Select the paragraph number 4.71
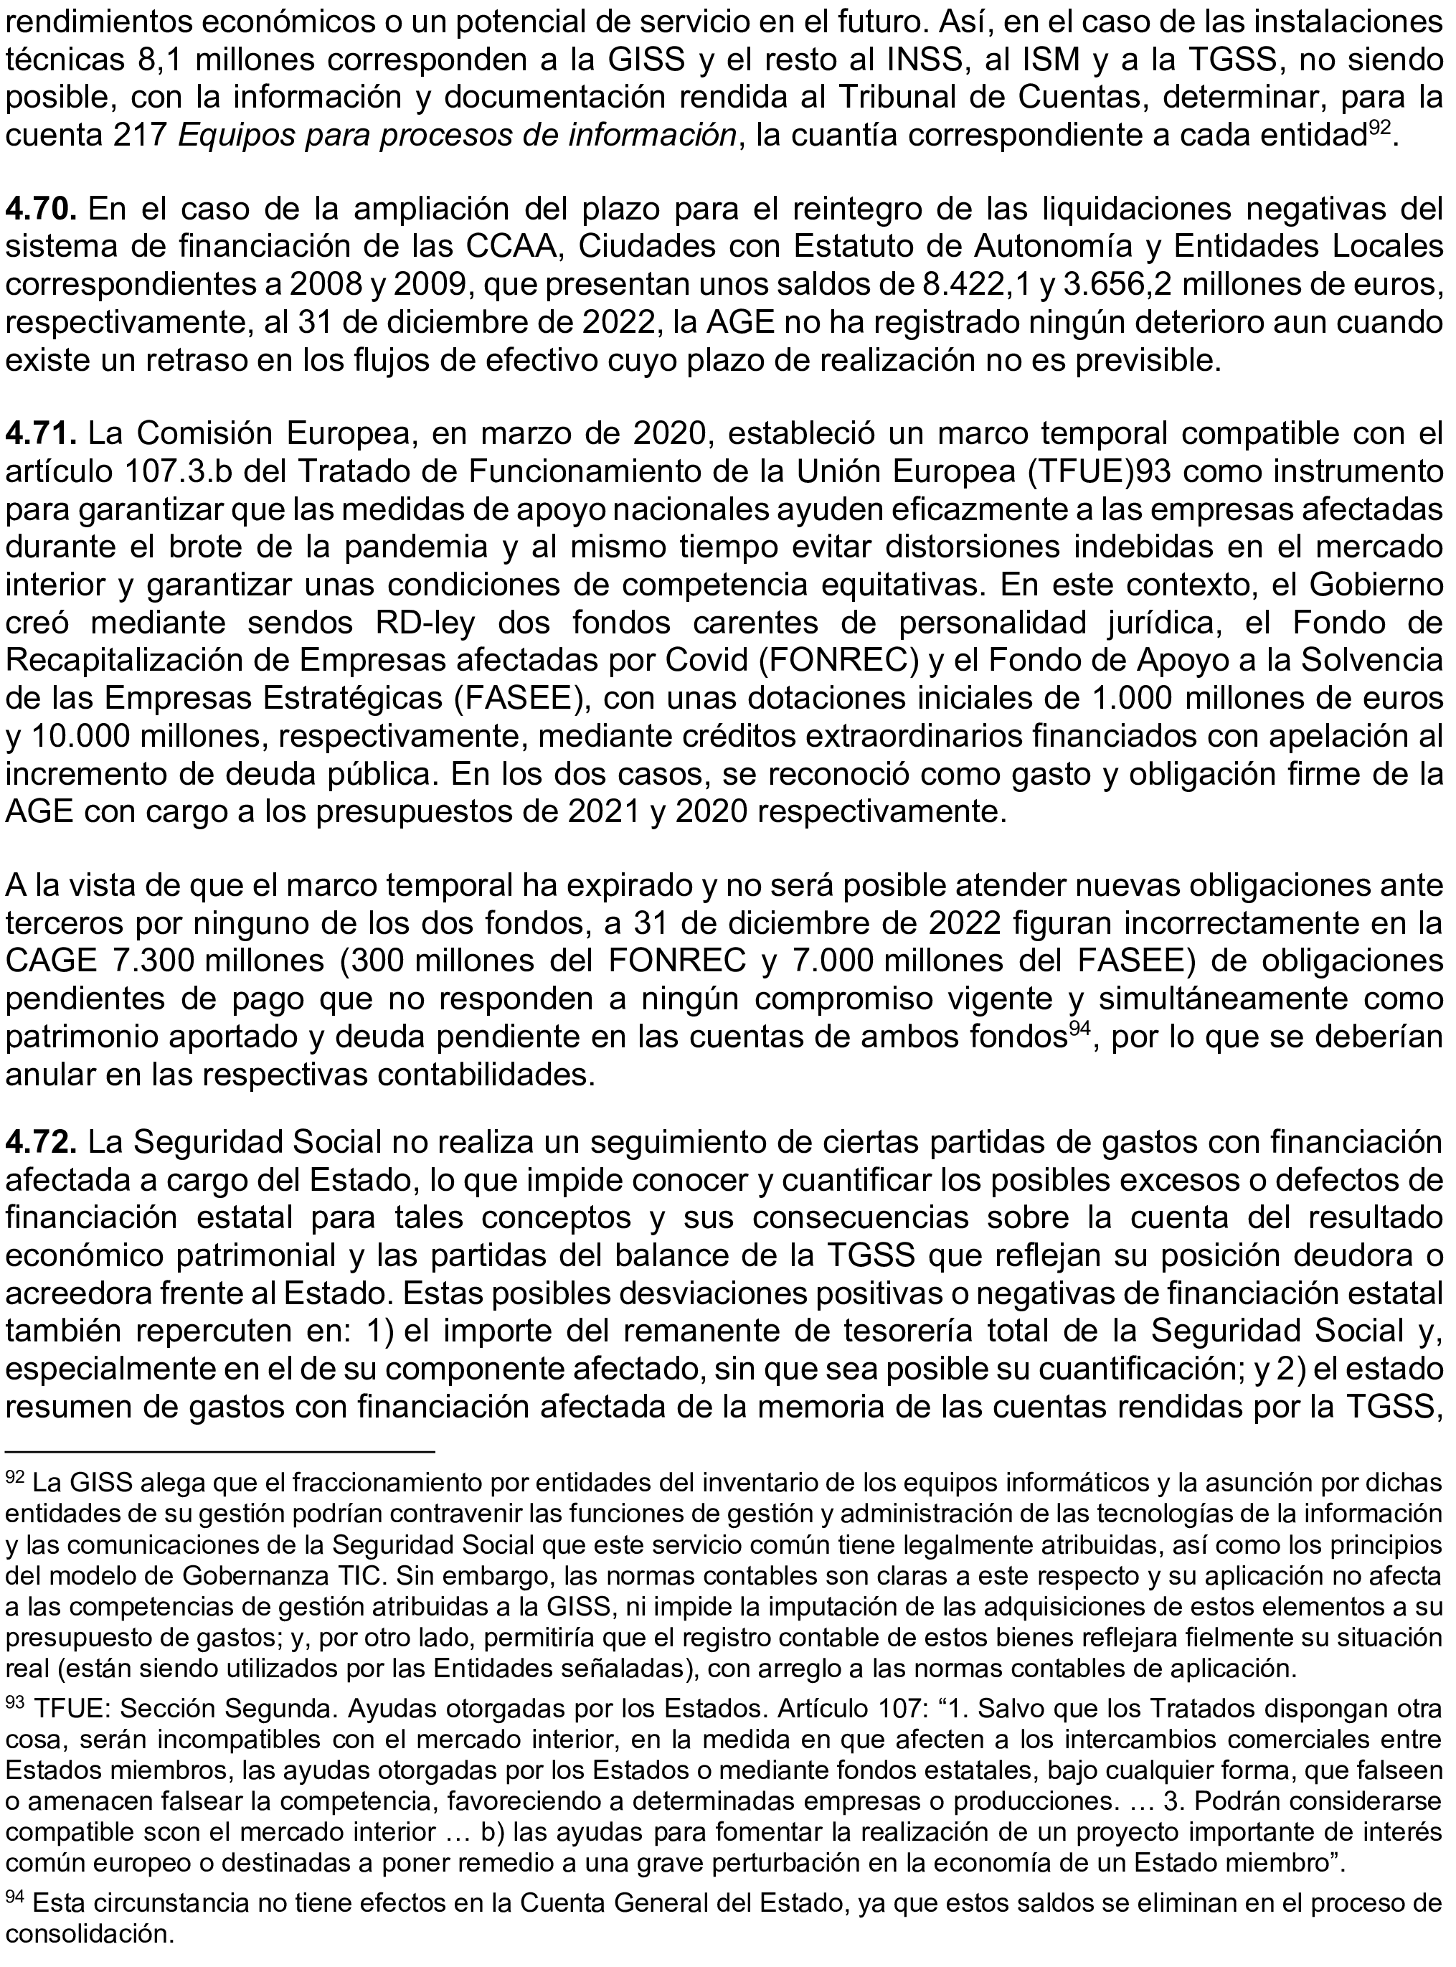point(43,435)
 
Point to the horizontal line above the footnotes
point(220,1450)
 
